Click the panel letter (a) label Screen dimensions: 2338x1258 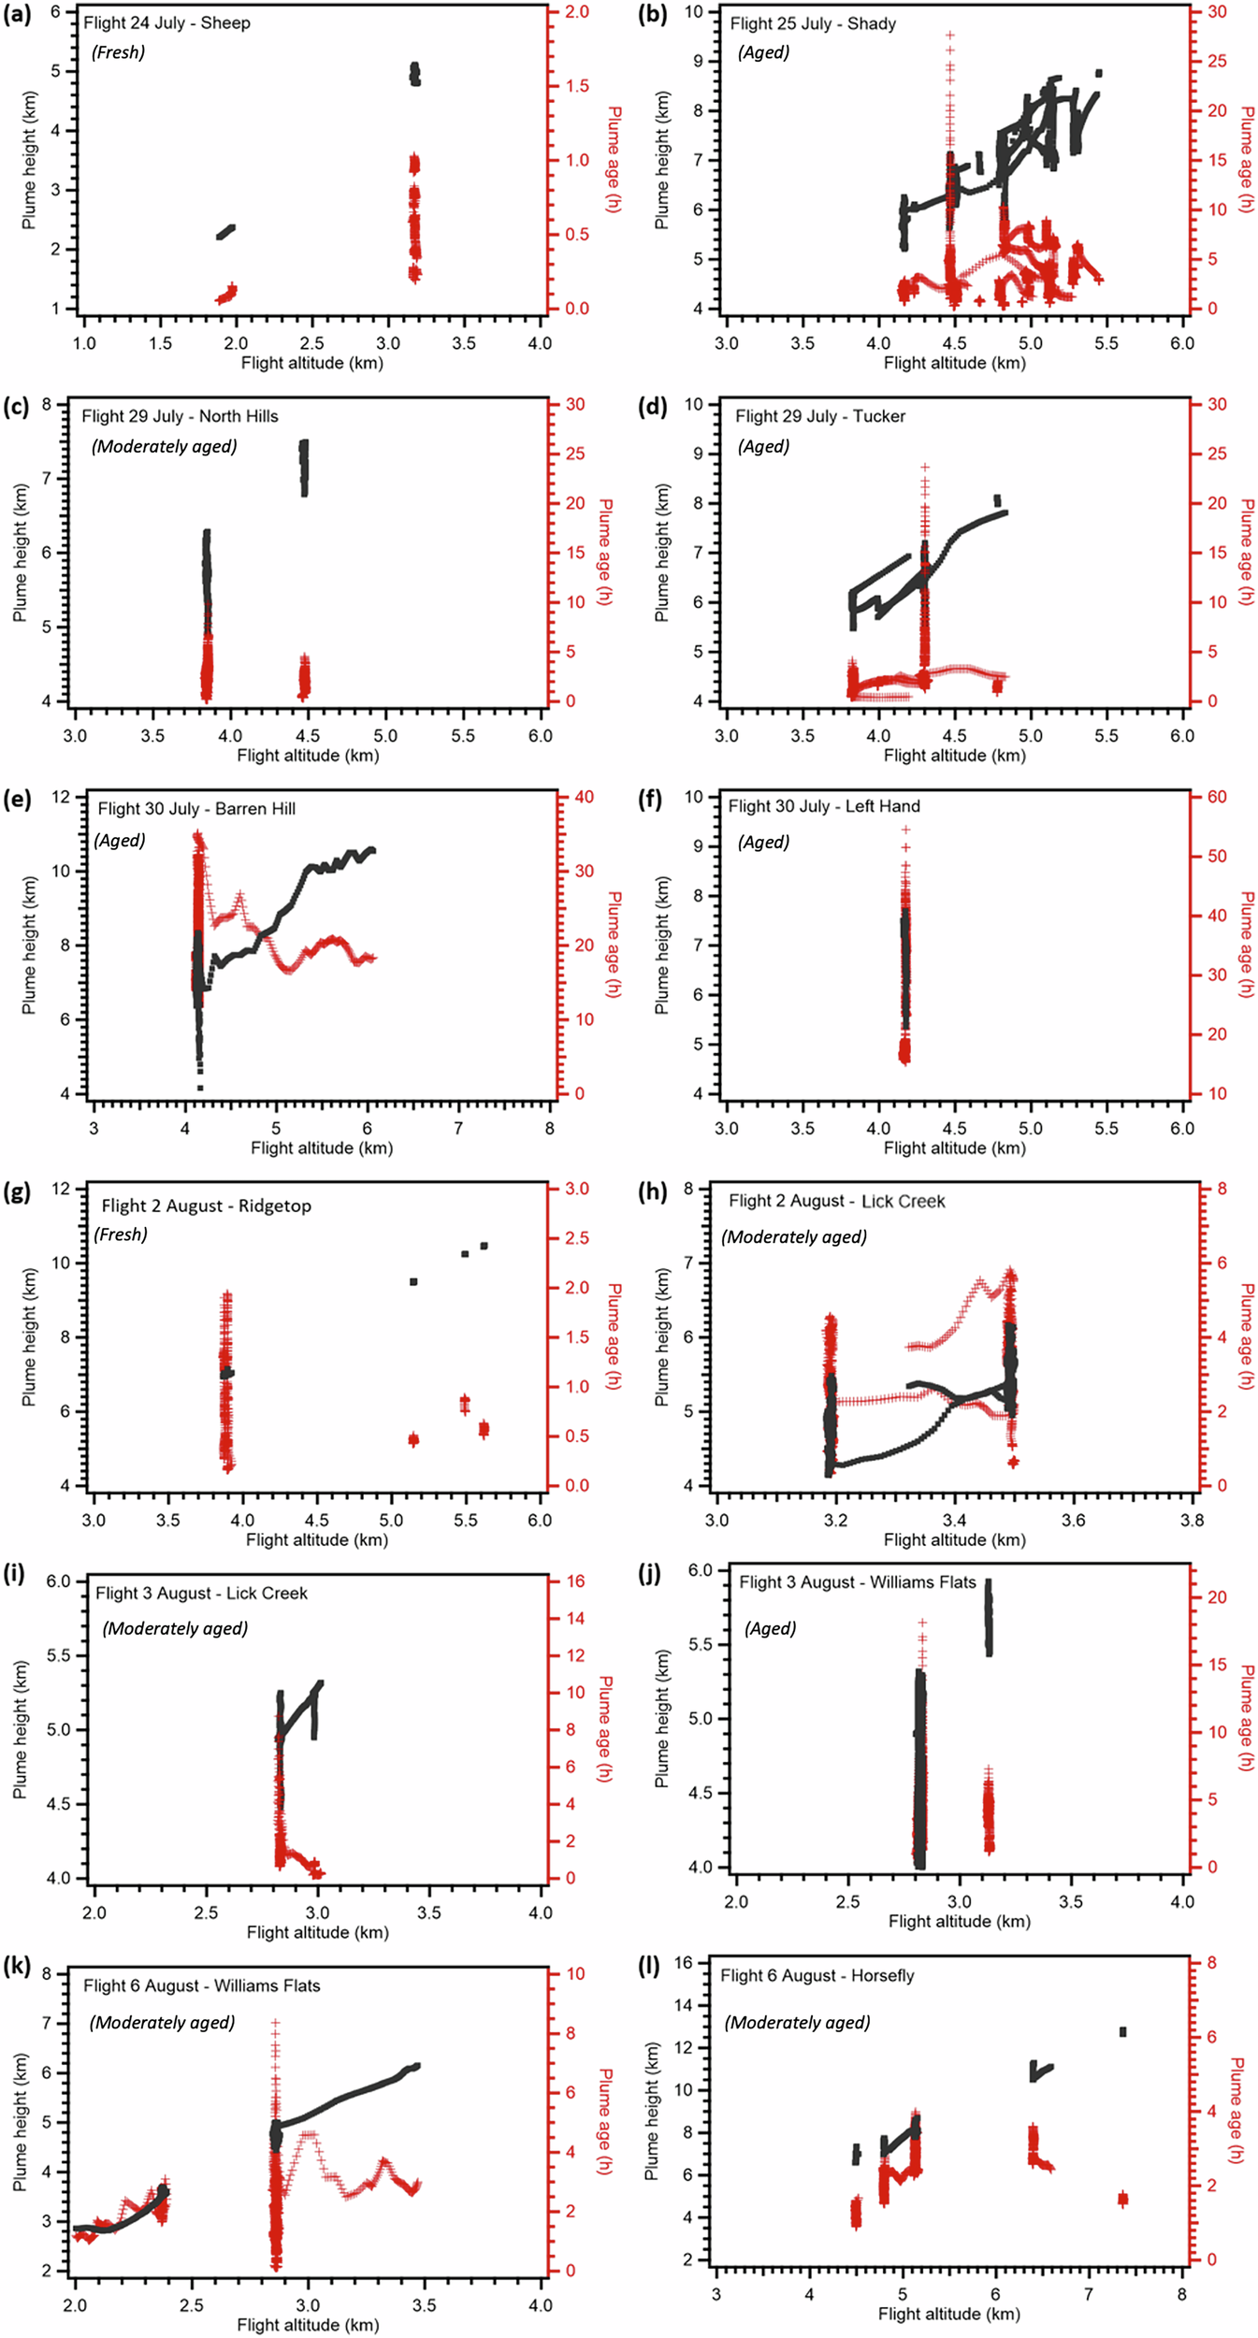17,15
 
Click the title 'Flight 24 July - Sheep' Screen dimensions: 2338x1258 166,22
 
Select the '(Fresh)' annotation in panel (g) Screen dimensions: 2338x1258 121,1234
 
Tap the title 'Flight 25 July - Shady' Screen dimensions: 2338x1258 813,23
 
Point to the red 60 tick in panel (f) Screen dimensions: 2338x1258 1217,797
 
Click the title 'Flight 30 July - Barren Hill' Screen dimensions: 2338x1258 196,808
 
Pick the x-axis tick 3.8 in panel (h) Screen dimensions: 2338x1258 1192,1520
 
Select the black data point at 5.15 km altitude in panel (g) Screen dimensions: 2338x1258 413,1281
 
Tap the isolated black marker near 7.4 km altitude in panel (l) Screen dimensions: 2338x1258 1122,2031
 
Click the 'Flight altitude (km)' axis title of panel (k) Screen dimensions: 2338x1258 308,2324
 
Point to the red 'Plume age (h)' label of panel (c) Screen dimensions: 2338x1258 605,552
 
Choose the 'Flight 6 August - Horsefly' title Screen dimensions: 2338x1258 817,1975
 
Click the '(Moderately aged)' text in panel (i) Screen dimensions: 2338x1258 175,1628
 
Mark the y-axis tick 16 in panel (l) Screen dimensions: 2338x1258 684,1962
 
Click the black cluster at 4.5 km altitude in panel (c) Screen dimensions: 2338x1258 303,467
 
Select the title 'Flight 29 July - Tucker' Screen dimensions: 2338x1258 819,416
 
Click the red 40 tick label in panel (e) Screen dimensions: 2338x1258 584,797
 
